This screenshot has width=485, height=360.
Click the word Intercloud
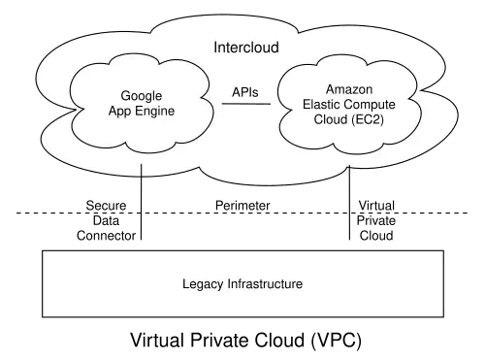click(x=246, y=48)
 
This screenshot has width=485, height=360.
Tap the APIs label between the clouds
click(x=245, y=92)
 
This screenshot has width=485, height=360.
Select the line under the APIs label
click(x=246, y=104)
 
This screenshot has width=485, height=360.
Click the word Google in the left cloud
click(x=142, y=96)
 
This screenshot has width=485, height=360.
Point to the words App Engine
click(x=142, y=111)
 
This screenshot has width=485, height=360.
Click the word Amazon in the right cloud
click(x=349, y=89)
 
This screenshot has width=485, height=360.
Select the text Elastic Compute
click(x=349, y=105)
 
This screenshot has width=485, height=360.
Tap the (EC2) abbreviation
click(x=368, y=119)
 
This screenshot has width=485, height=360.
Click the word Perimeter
click(x=242, y=206)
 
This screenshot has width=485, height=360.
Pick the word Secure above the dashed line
click(x=106, y=206)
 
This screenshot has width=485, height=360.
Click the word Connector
click(x=106, y=236)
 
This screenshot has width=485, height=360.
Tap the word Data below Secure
click(x=106, y=220)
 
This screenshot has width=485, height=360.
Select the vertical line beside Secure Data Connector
click(x=142, y=202)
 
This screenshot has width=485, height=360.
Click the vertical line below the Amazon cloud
click(x=349, y=203)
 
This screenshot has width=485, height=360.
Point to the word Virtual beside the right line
click(x=376, y=206)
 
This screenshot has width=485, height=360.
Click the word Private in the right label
click(x=376, y=220)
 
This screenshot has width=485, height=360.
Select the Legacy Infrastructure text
click(x=242, y=284)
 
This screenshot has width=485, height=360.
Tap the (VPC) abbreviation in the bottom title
click(x=337, y=341)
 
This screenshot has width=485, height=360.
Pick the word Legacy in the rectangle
click(x=203, y=284)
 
